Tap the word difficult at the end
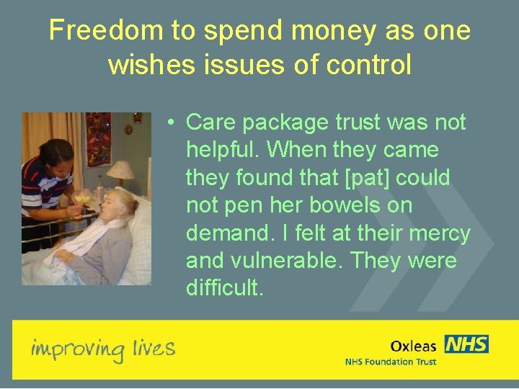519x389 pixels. coord(225,288)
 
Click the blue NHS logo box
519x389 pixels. coord(466,344)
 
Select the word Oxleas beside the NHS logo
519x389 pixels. coord(413,346)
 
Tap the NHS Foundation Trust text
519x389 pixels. coord(390,362)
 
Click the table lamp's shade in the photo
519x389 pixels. coord(121,171)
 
